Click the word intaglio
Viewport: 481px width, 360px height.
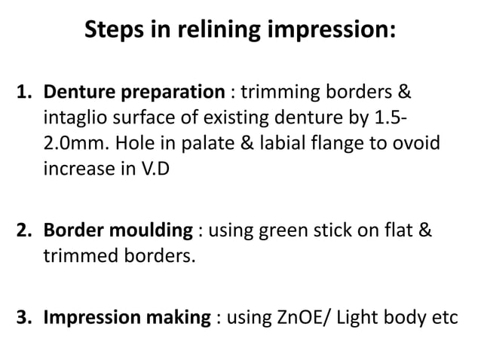(72, 118)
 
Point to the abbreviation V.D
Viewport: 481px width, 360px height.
(155, 168)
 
